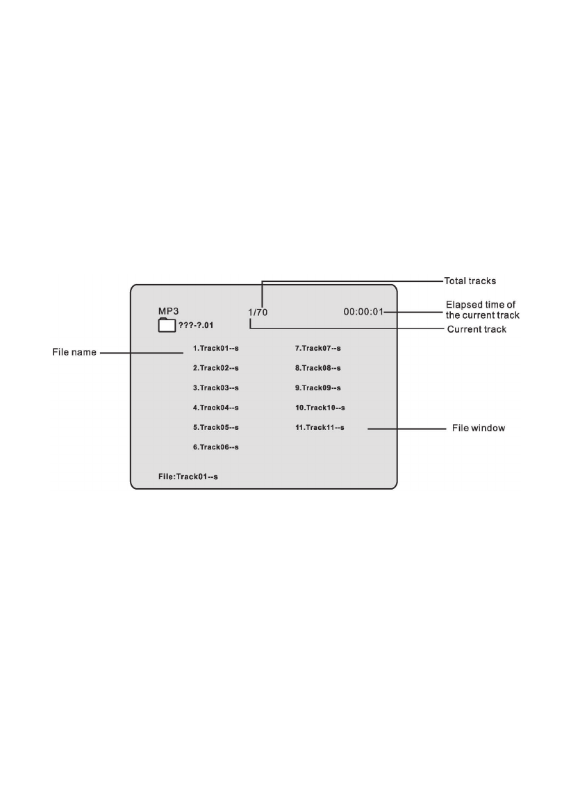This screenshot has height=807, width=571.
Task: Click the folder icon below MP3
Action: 167,325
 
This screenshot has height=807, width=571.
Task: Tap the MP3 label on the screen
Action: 169,311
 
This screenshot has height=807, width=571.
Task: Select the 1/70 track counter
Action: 258,313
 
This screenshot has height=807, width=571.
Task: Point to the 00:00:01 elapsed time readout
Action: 363,312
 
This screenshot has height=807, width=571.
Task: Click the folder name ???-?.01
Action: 195,326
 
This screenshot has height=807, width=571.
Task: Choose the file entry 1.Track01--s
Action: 215,347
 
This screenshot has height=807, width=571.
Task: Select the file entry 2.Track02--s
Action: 215,367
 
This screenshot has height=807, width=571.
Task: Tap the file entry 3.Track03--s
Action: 215,388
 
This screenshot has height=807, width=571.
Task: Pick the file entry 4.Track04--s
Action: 215,408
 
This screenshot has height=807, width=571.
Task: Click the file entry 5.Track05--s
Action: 215,427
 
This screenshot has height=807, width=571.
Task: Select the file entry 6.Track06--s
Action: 215,447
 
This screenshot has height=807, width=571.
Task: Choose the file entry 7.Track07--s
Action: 317,347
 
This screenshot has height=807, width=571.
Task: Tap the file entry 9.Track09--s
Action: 317,388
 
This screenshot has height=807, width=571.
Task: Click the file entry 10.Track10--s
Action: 320,408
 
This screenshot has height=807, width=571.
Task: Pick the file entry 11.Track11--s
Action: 320,427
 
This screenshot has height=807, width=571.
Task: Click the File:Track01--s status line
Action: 188,477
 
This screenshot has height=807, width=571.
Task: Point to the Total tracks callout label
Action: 470,282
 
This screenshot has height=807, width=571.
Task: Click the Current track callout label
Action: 476,329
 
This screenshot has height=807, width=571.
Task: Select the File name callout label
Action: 74,353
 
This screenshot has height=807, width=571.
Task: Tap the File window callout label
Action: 478,429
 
